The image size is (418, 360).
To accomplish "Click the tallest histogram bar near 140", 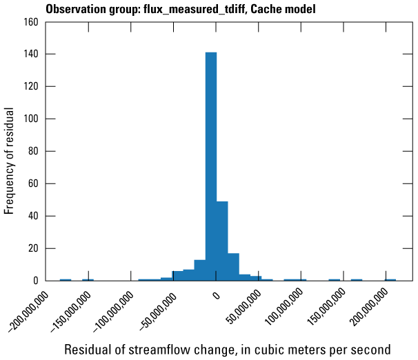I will (211, 166).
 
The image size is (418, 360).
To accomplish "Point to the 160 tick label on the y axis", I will (30, 21).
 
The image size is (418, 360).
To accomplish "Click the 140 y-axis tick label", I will (30, 54).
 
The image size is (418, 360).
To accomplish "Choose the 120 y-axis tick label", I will (30, 86).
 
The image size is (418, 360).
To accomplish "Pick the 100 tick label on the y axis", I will (30, 119).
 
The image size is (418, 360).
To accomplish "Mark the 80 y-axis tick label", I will (32, 151).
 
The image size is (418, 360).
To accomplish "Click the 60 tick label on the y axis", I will (32, 183).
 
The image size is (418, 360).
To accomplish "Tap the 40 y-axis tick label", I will (32, 216).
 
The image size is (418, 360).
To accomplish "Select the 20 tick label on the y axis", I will (32, 248).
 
